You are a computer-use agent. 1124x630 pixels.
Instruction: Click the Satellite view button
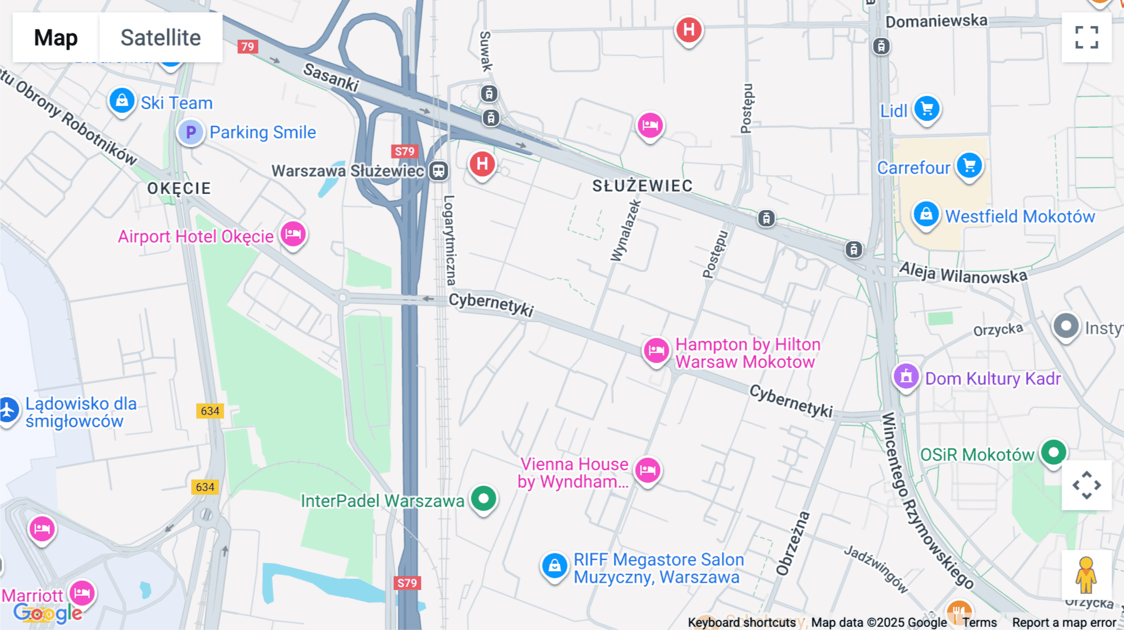[160, 37]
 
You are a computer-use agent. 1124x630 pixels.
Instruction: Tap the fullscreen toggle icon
[1087, 37]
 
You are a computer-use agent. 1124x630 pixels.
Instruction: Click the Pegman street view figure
[1086, 575]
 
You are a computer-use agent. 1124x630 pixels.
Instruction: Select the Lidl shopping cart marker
[927, 109]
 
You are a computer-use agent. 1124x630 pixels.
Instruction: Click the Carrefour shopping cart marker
[969, 165]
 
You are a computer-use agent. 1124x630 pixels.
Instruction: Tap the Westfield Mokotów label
[1020, 216]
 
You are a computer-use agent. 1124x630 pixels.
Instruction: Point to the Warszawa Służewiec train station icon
[438, 171]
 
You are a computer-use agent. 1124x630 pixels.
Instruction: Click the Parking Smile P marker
[190, 132]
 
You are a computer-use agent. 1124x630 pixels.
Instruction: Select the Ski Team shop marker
[122, 100]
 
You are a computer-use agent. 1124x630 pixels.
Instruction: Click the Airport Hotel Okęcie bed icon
[293, 235]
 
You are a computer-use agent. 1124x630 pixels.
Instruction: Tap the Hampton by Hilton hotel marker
[656, 351]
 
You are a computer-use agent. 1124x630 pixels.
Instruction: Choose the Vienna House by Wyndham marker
[648, 470]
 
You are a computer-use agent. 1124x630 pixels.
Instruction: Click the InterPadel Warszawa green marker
[483, 498]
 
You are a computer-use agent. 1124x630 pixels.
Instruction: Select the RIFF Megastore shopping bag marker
[554, 566]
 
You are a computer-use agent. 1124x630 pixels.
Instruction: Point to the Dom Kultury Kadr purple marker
[906, 376]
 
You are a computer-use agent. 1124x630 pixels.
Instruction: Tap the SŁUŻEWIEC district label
[642, 186]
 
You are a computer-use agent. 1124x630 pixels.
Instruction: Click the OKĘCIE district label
[179, 188]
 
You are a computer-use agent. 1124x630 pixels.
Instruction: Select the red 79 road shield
[248, 47]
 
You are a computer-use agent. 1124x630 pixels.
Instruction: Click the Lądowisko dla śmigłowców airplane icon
[8, 410]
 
